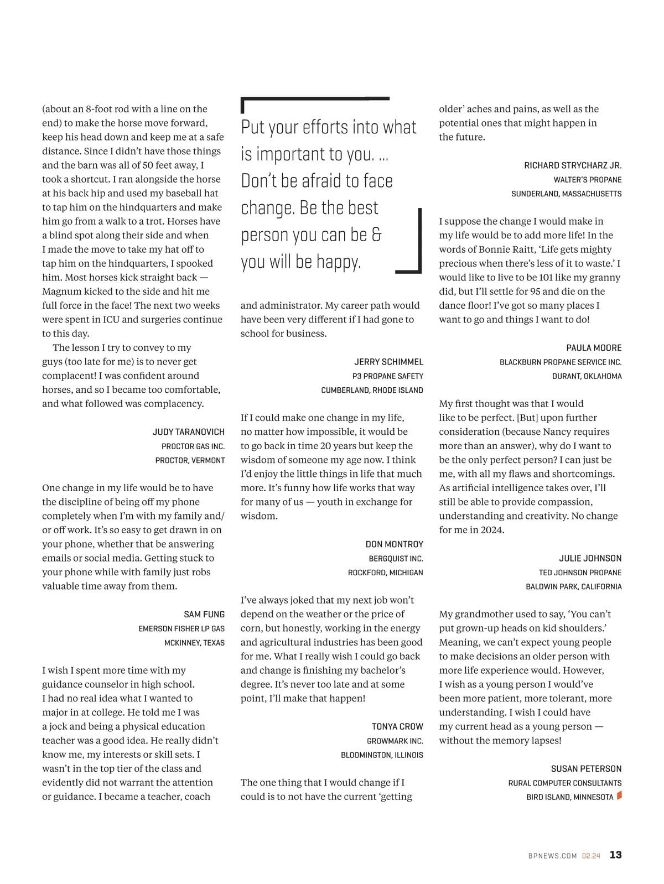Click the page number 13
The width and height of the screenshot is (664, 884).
tap(615, 855)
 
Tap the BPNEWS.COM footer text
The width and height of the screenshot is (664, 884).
tap(552, 856)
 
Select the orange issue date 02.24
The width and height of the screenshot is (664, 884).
tap(591, 856)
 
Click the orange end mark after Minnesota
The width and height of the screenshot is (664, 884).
tap(619, 795)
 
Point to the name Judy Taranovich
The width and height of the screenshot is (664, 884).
tap(189, 431)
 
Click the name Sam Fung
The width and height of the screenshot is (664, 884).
tap(204, 614)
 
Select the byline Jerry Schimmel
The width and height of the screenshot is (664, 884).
tap(388, 362)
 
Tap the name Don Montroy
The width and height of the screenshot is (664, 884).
tap(394, 544)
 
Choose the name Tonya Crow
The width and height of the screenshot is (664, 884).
tap(397, 726)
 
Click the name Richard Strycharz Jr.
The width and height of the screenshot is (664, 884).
tap(573, 165)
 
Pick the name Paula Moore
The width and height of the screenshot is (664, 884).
tap(594, 347)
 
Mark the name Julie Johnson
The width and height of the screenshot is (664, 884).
tap(590, 558)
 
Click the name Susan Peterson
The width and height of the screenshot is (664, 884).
tap(586, 768)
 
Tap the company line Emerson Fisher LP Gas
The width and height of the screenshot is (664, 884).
tap(181, 628)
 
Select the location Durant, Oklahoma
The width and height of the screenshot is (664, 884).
tap(587, 376)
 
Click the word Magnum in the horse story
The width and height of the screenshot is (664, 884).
tap(63, 292)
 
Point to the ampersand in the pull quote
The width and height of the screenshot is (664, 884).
tap(376, 235)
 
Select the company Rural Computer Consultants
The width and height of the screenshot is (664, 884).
tap(564, 783)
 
